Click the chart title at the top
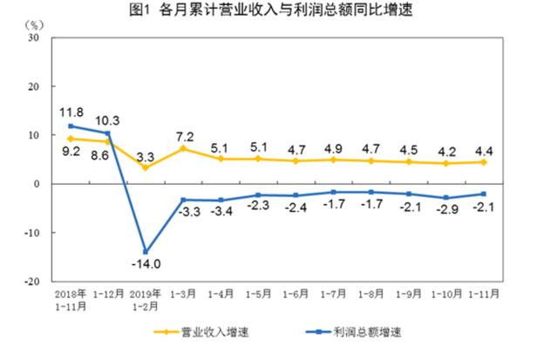279,11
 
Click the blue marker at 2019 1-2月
145,252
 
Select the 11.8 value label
71,112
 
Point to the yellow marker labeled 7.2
183,148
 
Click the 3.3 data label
145,157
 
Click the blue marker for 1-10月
445,198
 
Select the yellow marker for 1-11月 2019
482,162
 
